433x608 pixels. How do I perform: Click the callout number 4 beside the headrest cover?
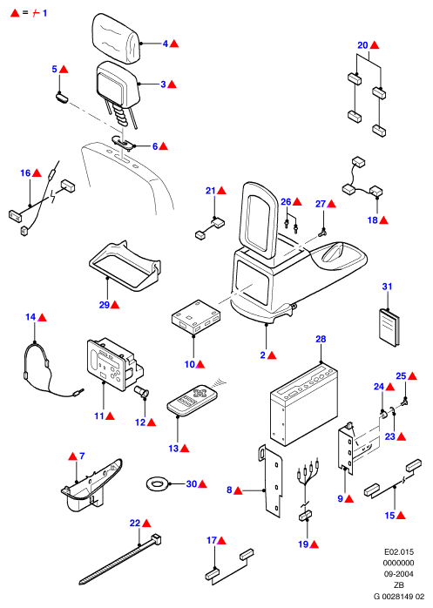click(x=166, y=44)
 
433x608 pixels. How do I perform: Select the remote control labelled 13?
click(x=192, y=401)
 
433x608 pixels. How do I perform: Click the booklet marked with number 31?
click(x=389, y=327)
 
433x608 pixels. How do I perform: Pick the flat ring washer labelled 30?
click(x=157, y=484)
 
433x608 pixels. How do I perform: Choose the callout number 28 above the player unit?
click(x=321, y=339)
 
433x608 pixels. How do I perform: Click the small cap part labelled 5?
click(x=61, y=97)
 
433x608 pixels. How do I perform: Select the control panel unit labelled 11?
click(x=115, y=363)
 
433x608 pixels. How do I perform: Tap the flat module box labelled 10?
click(x=196, y=316)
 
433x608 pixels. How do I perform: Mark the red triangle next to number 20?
click(x=375, y=45)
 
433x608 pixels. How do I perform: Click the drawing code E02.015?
click(x=399, y=551)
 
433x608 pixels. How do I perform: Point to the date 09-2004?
click(x=398, y=574)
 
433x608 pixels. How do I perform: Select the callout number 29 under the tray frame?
click(x=104, y=305)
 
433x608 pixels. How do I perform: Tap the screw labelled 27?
click(x=322, y=233)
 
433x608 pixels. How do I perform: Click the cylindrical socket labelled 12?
click(x=141, y=390)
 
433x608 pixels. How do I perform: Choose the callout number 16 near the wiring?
click(x=25, y=173)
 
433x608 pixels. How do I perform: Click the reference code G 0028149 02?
click(x=399, y=597)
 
